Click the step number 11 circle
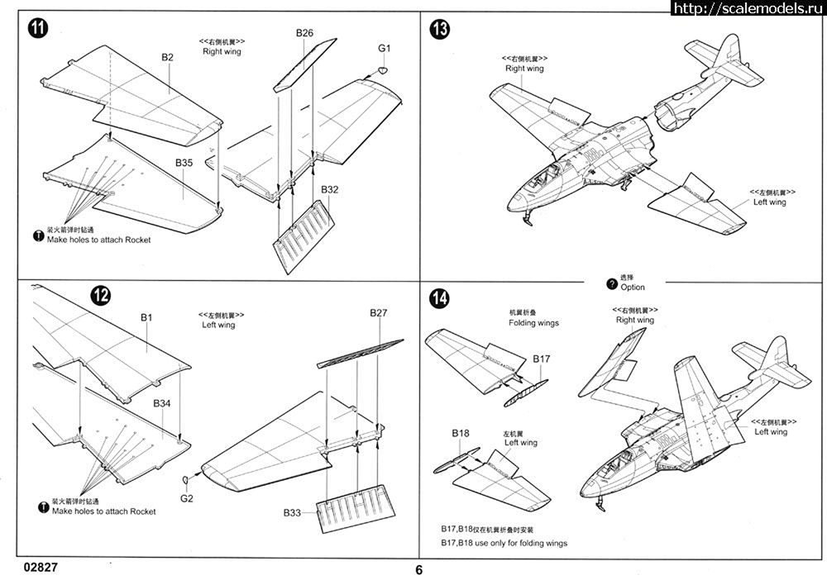tap(36, 27)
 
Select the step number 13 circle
tap(440, 31)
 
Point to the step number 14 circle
tap(439, 298)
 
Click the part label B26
tap(304, 34)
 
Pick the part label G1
tap(384, 49)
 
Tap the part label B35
tap(184, 164)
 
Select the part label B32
tap(330, 189)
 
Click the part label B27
tap(379, 313)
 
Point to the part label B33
tap(292, 513)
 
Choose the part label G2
tap(186, 498)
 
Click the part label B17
tap(542, 359)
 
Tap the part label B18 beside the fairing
tap(461, 433)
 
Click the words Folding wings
tap(533, 322)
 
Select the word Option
tap(632, 288)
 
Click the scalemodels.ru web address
tap(748, 9)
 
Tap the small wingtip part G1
tap(383, 72)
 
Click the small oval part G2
tap(186, 481)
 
